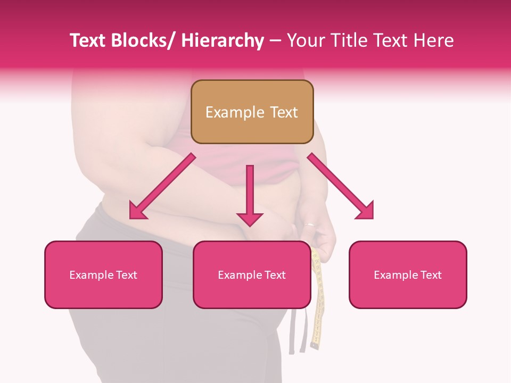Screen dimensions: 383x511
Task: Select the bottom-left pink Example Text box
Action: point(103,274)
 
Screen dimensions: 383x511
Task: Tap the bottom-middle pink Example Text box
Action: point(252,274)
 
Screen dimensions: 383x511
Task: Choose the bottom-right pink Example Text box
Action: point(408,274)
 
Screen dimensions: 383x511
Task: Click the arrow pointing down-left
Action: point(162,187)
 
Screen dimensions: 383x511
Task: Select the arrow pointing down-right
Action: point(341,187)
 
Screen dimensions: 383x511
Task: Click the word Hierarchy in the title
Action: point(222,40)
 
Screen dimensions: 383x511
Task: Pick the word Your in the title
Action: point(305,40)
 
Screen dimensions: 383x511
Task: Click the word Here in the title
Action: point(435,40)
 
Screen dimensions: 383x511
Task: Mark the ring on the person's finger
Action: point(309,224)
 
